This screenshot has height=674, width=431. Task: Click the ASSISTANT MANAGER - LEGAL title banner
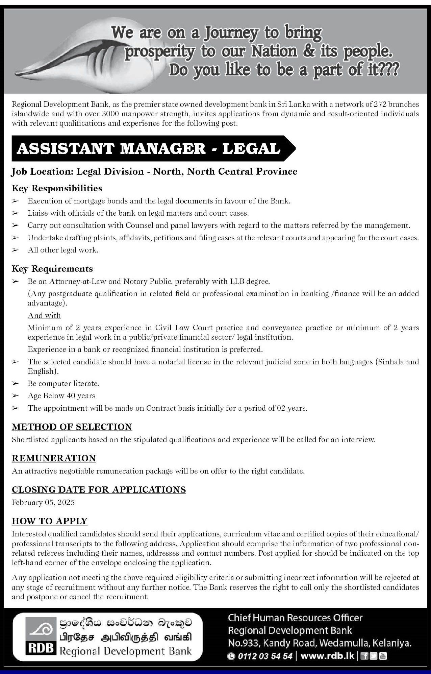tap(149, 149)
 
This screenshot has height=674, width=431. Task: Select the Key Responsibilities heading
tap(57, 188)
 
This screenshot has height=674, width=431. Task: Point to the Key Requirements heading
tap(52, 269)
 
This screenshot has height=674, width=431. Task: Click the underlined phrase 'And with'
tap(44, 315)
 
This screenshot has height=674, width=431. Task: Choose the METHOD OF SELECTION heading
tap(72, 427)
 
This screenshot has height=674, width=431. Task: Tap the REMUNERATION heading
tap(54, 458)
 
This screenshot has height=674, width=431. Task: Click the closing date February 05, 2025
tap(43, 502)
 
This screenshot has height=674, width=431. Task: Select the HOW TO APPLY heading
tap(50, 521)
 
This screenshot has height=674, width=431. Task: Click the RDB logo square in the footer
tap(40, 638)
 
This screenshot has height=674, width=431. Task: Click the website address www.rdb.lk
tap(327, 656)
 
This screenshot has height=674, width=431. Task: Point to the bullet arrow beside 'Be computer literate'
tap(15, 384)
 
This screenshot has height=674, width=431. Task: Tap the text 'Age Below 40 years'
tap(61, 396)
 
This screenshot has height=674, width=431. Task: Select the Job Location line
tap(154, 172)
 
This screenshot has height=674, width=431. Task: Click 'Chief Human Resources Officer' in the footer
tap(295, 618)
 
